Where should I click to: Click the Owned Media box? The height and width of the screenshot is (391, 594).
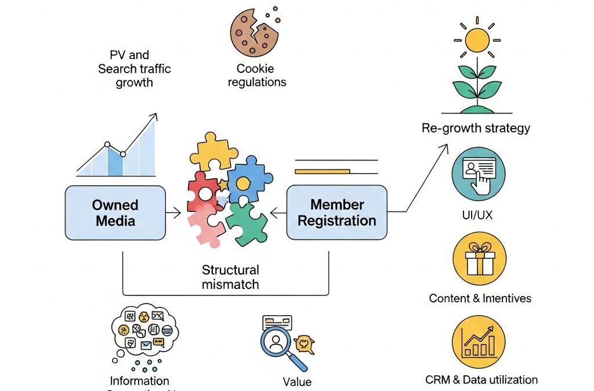[x=115, y=213]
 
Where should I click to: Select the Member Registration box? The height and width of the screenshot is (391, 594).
[x=336, y=213]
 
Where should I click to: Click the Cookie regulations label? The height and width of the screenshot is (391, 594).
[x=257, y=75]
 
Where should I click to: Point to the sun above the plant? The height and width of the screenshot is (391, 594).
[x=478, y=40]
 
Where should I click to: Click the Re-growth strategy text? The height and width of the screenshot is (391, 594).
[x=476, y=128]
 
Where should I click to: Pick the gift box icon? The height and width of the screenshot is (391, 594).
[x=479, y=258]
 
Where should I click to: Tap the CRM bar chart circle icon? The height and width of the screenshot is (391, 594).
[x=479, y=342]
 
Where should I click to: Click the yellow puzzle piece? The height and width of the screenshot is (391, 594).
[x=213, y=152]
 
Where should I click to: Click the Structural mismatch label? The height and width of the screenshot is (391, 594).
[x=230, y=277]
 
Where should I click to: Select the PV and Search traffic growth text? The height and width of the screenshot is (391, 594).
[x=134, y=68]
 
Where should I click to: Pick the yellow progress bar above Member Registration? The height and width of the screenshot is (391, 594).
[x=322, y=171]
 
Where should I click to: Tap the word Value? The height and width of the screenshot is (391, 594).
[x=297, y=382]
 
